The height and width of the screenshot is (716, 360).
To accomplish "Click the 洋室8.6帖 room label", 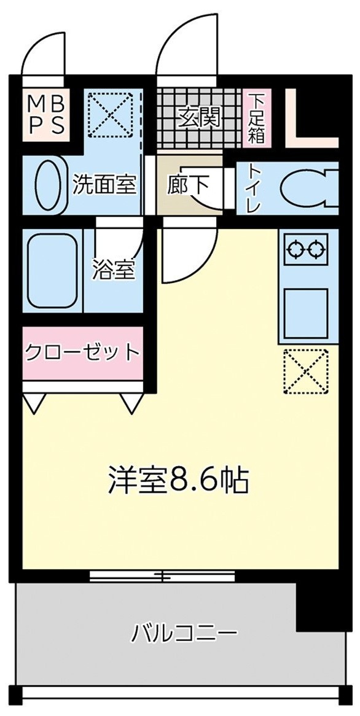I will click(178, 481).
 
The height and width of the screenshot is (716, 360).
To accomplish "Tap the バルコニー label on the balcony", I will click(184, 632).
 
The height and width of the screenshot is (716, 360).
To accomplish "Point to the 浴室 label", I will click(114, 270).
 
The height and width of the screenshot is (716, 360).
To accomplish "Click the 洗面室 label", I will click(104, 184).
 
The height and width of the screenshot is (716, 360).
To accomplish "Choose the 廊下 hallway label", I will click(187, 184).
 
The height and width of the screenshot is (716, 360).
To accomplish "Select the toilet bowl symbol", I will click(307, 189).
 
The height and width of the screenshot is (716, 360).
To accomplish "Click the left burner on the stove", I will click(296, 250).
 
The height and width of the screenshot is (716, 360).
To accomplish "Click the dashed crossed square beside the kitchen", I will click(305, 370).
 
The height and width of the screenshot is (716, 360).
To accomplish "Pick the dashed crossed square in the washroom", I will click(111, 114).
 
